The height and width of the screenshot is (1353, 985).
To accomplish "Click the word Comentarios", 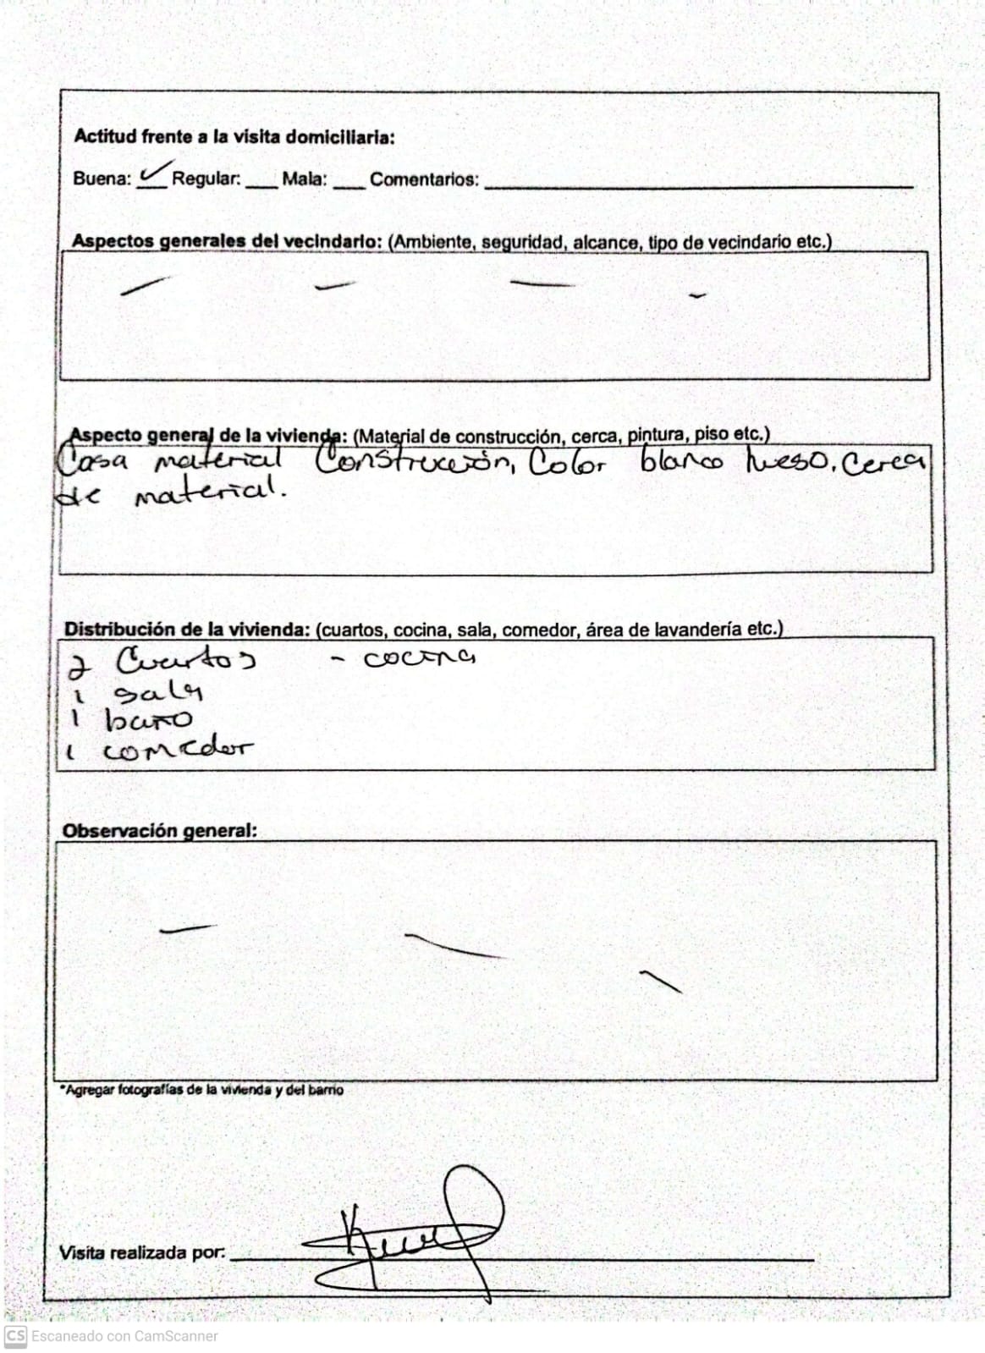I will (423, 179).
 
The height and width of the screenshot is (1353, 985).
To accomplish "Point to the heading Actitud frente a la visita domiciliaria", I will (234, 136).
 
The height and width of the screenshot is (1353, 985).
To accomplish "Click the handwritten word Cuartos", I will (185, 659).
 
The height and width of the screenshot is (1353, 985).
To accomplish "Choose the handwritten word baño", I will (149, 720).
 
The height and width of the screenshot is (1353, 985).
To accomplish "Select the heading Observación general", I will (159, 831).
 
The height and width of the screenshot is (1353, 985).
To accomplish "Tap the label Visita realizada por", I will (142, 1252).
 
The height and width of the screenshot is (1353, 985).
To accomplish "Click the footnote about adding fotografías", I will (201, 1090).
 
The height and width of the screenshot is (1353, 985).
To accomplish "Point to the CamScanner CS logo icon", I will (16, 1336).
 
